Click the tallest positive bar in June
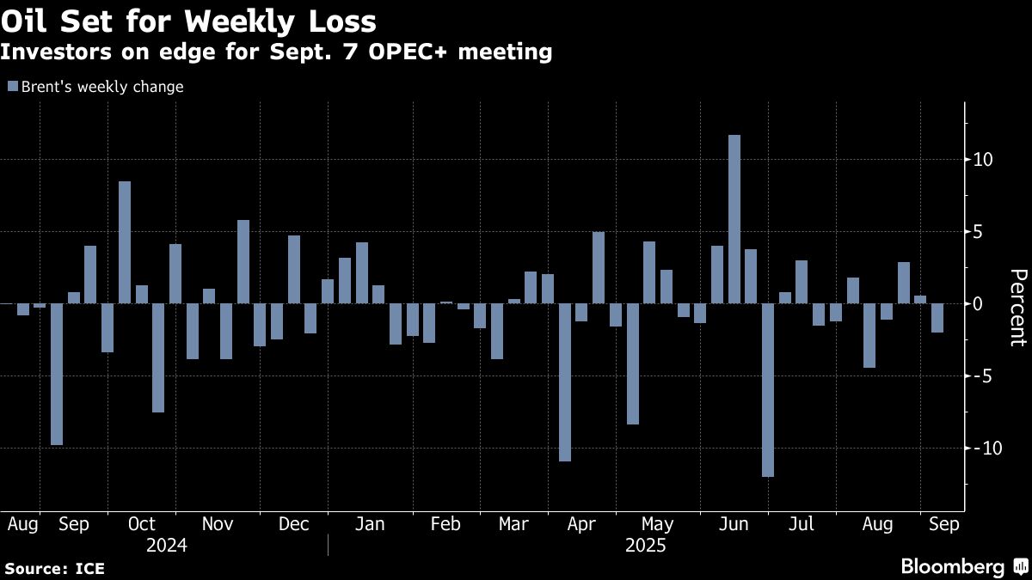(734, 219)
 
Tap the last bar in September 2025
(937, 318)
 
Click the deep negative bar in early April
(565, 382)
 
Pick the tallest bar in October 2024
(125, 242)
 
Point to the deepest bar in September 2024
(57, 374)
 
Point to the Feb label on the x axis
(445, 524)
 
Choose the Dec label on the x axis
(294, 524)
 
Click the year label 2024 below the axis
(167, 545)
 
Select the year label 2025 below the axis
(646, 545)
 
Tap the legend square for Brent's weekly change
(13, 87)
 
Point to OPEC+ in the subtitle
(416, 52)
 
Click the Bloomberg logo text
(952, 566)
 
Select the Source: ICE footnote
(54, 568)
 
